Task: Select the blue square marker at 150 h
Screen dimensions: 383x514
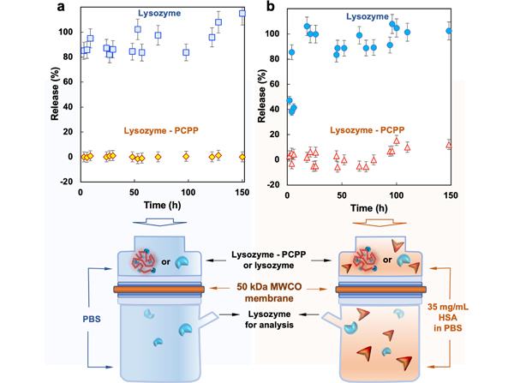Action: pos(242,14)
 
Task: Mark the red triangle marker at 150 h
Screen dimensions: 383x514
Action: pos(449,145)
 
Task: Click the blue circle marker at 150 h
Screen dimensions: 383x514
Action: pos(449,31)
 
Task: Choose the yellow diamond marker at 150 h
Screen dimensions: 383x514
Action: pos(242,157)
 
